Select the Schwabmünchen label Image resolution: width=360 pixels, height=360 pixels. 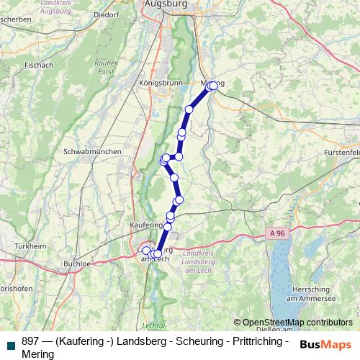click(92, 153)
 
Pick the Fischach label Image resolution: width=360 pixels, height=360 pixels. click(38, 65)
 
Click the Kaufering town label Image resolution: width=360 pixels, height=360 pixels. click(144, 225)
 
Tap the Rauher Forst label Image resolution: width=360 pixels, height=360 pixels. click(106, 68)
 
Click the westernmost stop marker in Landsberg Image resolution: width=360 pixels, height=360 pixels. click(146, 251)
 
